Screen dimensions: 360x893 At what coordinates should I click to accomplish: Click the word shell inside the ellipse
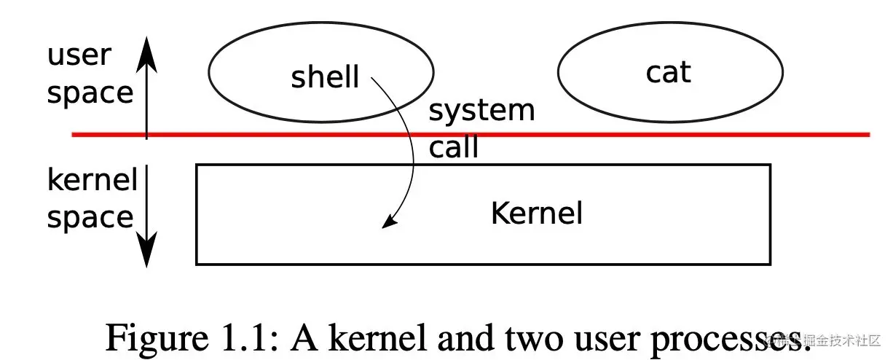(x=325, y=76)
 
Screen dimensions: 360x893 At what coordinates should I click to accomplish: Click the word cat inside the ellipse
(x=668, y=72)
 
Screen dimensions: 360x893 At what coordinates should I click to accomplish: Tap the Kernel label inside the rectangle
(x=537, y=214)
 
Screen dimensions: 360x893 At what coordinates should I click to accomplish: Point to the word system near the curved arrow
(x=481, y=111)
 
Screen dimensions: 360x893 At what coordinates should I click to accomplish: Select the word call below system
(x=453, y=147)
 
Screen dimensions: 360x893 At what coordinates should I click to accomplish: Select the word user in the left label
(x=79, y=55)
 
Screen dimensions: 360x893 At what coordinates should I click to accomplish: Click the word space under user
(x=90, y=93)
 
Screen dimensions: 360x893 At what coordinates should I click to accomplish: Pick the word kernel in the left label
(x=92, y=180)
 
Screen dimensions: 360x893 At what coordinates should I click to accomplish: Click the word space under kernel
(x=90, y=217)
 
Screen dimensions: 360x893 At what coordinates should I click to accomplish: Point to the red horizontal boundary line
(x=583, y=134)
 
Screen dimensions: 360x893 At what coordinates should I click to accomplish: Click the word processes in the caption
(x=707, y=338)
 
